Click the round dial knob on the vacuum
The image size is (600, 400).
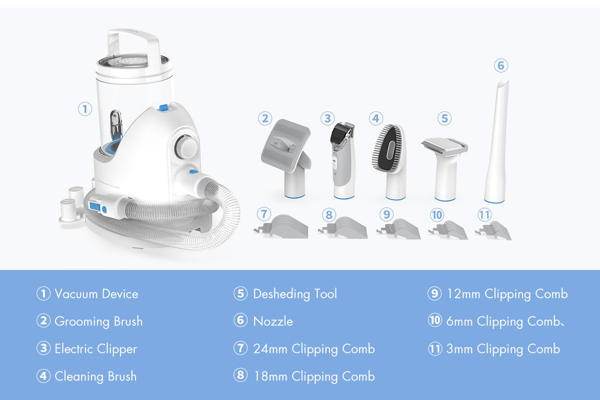tap(186, 147)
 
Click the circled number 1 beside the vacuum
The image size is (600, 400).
tap(85, 109)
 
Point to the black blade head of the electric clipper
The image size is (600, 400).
tap(342, 132)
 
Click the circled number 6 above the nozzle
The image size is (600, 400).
tap(501, 65)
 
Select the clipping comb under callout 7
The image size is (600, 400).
tap(281, 226)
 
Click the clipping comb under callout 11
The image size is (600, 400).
tap(493, 230)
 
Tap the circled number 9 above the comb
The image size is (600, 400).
tap(386, 214)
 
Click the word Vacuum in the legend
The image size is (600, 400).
tap(76, 294)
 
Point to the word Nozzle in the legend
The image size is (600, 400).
tap(273, 321)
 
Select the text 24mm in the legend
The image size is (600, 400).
tap(270, 349)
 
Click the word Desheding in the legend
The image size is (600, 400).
tap(281, 294)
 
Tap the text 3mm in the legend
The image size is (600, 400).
tap(459, 349)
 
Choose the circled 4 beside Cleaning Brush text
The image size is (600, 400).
tap(43, 376)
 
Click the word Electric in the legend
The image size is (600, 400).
tap(74, 348)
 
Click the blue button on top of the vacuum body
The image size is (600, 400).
tap(164, 107)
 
